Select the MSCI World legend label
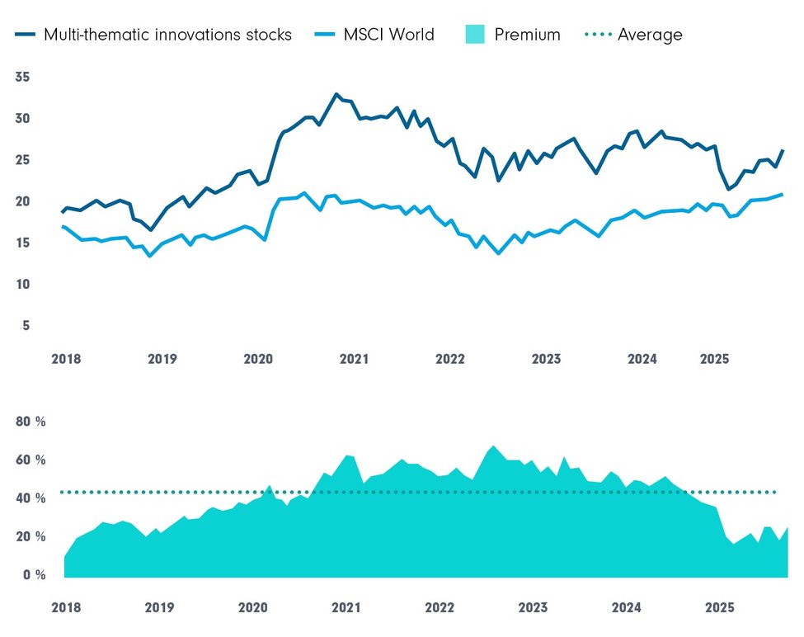click(x=388, y=35)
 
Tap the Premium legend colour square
click(x=474, y=35)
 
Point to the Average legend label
click(x=650, y=35)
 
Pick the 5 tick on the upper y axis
click(x=26, y=326)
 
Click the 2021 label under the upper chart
click(x=354, y=360)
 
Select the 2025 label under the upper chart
click(x=714, y=360)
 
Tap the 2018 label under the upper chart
click(x=65, y=360)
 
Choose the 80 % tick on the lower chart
click(x=32, y=422)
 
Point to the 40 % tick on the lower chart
click(x=32, y=498)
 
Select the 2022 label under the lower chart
click(x=440, y=608)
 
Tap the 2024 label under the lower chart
click(x=627, y=608)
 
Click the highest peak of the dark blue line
click(x=336, y=94)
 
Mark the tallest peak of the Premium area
click(x=493, y=446)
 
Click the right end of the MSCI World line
click(x=782, y=194)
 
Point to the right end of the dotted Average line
click(x=776, y=493)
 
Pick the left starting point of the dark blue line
click(x=62, y=212)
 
